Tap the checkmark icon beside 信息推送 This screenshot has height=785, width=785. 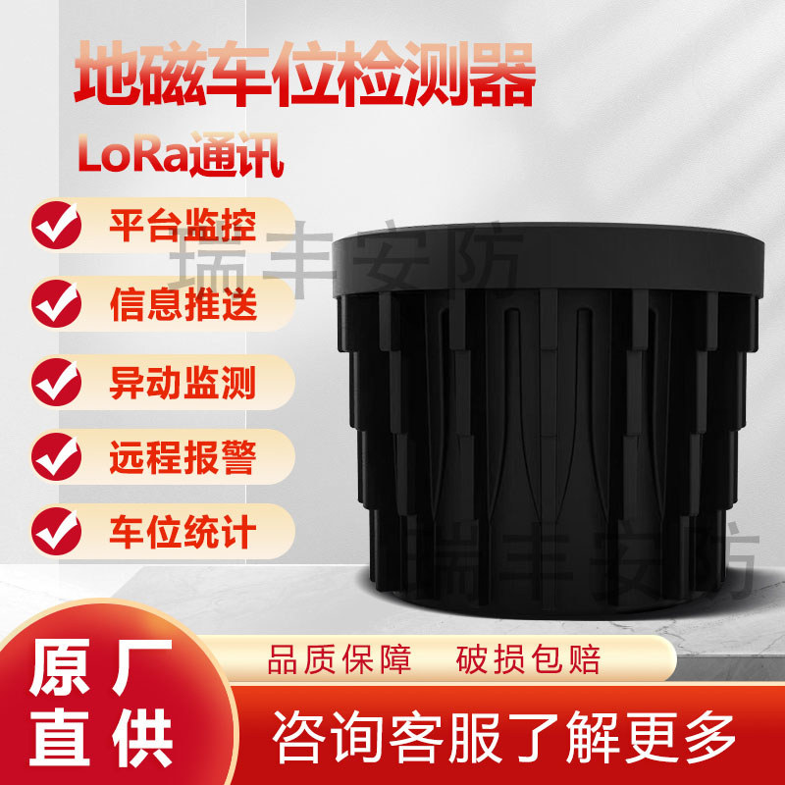pos(57,301)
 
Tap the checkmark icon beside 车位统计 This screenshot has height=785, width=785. pos(57,532)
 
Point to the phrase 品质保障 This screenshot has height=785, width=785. pos(340,659)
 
